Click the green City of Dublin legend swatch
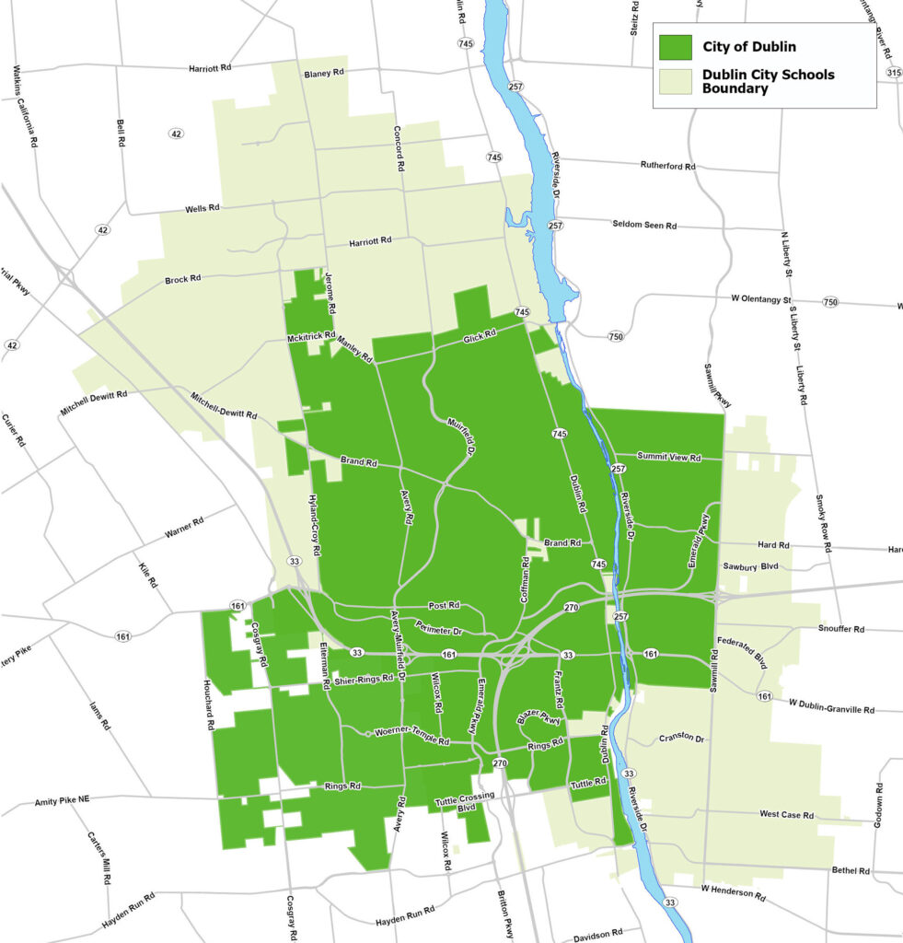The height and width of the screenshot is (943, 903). tap(675, 48)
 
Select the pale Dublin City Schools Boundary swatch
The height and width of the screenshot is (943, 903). tap(675, 81)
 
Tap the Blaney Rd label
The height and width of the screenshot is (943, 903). tap(323, 74)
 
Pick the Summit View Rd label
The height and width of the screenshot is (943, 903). tap(669, 457)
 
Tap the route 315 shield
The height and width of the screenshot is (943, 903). tap(893, 73)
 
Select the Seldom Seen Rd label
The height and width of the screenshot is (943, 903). tap(644, 225)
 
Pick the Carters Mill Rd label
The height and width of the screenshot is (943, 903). tap(98, 858)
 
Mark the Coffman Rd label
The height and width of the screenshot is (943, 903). tap(525, 579)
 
